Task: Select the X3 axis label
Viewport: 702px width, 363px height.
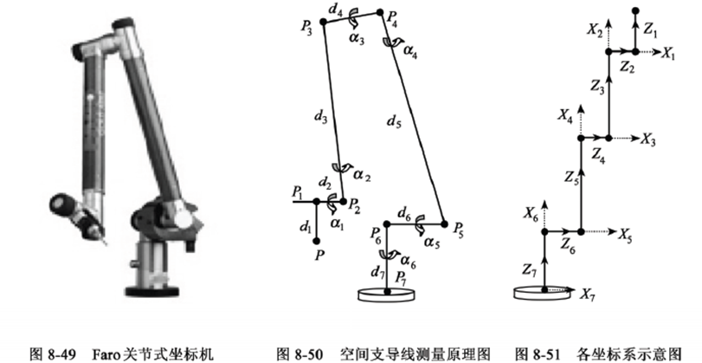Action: click(649, 139)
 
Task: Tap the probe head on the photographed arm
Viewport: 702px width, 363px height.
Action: click(87, 222)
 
